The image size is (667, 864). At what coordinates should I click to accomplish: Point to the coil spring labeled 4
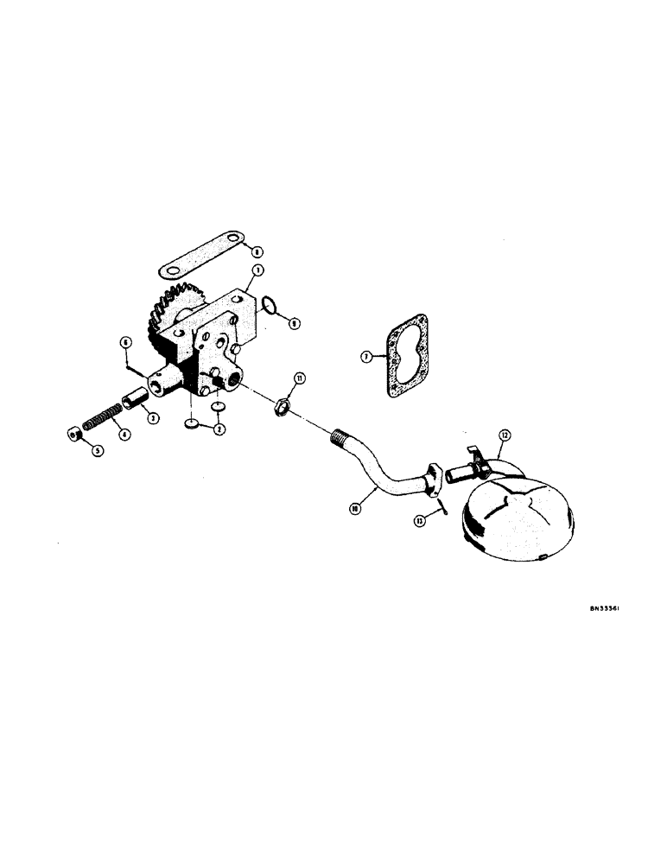pyautogui.click(x=104, y=419)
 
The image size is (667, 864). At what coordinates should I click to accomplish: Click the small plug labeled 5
pyautogui.click(x=75, y=433)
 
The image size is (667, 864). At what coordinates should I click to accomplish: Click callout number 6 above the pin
pyautogui.click(x=125, y=343)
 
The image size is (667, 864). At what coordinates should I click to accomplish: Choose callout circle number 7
pyautogui.click(x=365, y=355)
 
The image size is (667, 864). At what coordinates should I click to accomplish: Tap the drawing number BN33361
pyautogui.click(x=608, y=607)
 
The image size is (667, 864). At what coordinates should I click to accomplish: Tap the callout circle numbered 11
pyautogui.click(x=299, y=378)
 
